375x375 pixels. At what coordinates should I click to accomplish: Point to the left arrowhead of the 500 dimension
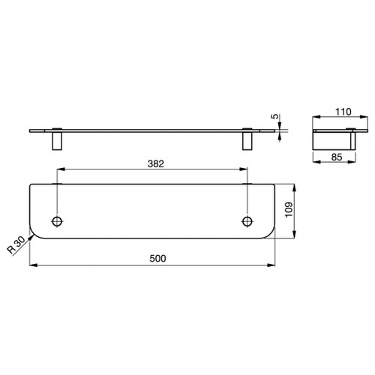32,265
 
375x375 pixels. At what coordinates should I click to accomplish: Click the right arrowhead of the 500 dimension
274,265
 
